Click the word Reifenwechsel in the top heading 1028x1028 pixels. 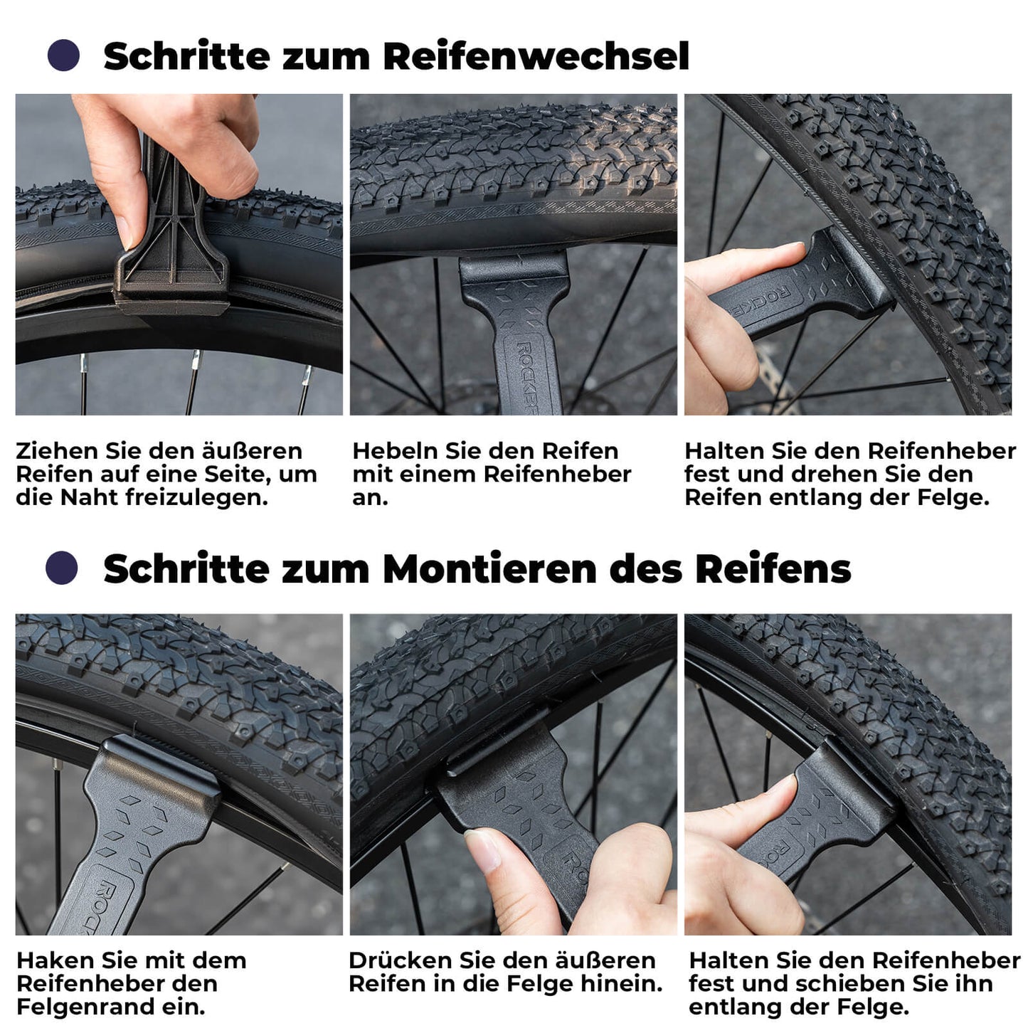pos(536,56)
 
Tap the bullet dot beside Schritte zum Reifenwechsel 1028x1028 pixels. pos(63,55)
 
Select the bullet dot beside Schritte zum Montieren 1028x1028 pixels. pos(61,568)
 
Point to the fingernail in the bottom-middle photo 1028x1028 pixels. pos(484,851)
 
